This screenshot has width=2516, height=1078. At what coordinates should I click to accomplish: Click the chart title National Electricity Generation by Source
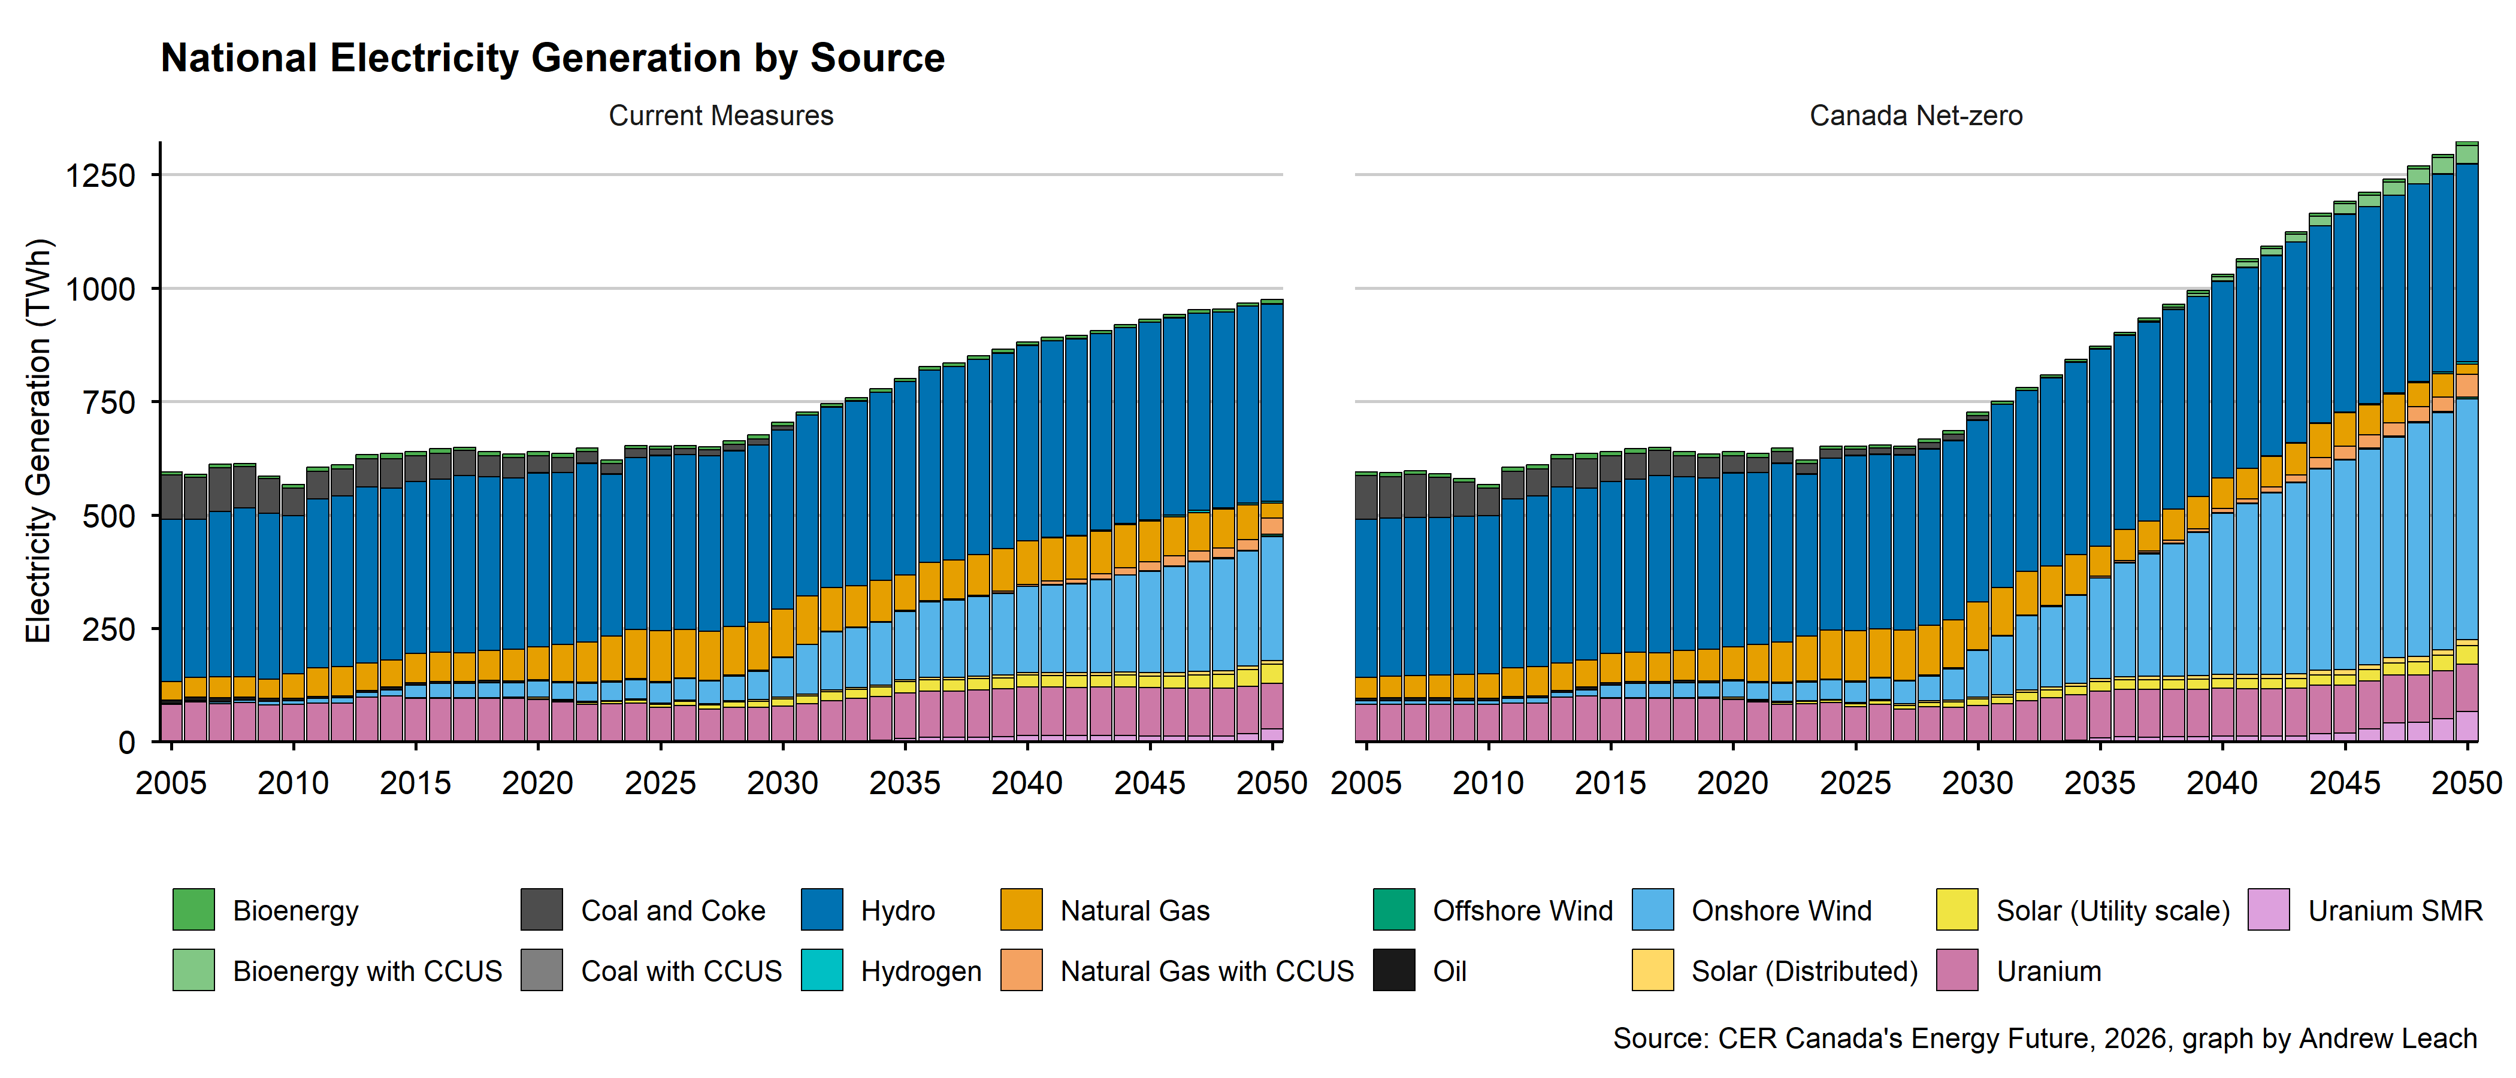553,59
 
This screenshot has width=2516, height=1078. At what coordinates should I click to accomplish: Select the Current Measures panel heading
721,116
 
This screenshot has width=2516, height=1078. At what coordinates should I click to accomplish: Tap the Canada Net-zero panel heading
1915,116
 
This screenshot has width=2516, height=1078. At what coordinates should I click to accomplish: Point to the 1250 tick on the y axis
99,175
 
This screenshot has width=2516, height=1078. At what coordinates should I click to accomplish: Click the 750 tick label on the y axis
107,402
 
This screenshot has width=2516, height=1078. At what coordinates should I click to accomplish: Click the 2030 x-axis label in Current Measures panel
782,783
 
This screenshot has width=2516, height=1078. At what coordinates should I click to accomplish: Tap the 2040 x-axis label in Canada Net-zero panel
2222,783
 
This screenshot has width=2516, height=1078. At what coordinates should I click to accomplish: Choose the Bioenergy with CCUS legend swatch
193,971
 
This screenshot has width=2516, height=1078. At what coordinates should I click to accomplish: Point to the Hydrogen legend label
921,971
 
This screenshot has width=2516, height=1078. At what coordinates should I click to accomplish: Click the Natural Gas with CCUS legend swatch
1021,971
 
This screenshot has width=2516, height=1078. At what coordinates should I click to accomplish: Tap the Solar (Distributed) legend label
1804,971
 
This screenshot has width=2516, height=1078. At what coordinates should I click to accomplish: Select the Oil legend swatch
1394,971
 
